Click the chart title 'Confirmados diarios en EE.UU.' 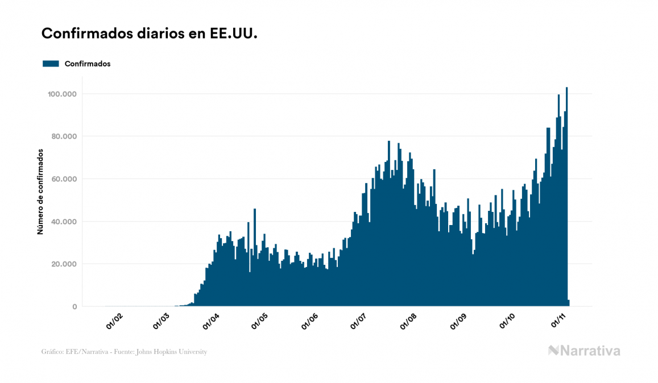click(150, 34)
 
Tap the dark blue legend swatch click(51, 64)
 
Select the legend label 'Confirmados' click(88, 64)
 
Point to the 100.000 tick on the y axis click(63, 94)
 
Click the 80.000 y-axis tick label click(64, 136)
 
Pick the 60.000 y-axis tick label click(64, 179)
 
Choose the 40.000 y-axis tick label click(64, 222)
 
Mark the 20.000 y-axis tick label click(64, 264)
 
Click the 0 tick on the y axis click(75, 307)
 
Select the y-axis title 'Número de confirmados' click(40, 191)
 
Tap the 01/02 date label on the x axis click(114, 320)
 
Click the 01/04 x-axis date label click(211, 320)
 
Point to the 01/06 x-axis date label click(309, 320)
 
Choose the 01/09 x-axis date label click(459, 320)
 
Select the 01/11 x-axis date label click(559, 320)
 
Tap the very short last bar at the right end click(569, 303)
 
